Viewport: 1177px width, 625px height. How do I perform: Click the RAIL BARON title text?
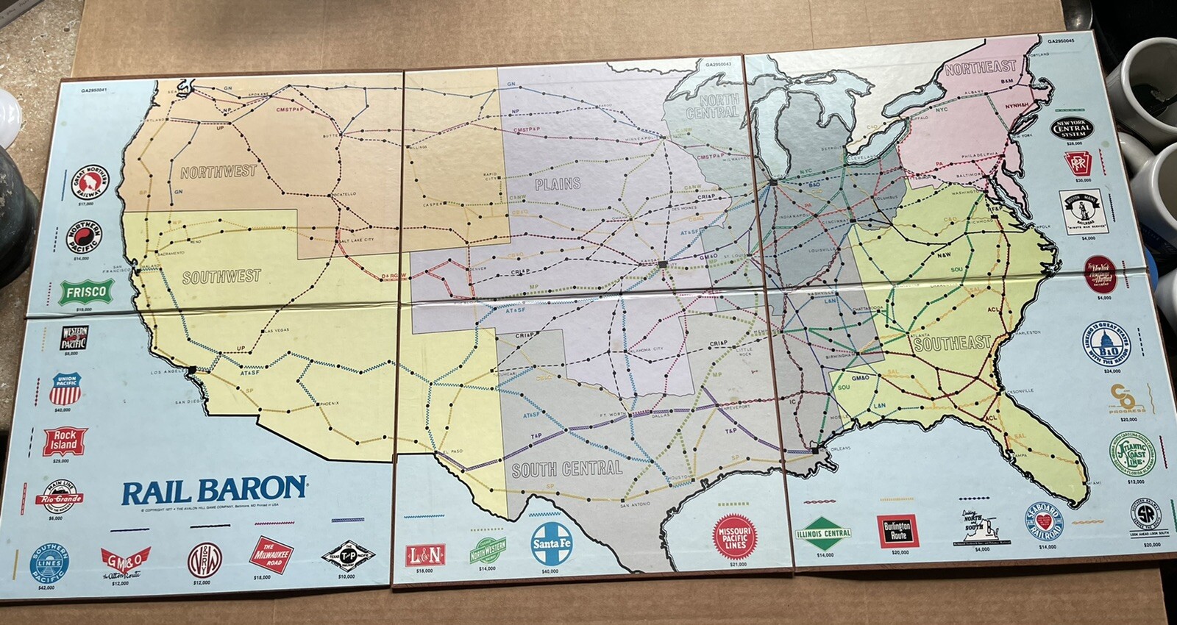pos(213,490)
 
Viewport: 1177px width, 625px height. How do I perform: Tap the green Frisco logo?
pos(86,292)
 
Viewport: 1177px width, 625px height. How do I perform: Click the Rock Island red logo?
pos(65,441)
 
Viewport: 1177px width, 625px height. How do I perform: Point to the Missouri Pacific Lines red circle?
pos(734,537)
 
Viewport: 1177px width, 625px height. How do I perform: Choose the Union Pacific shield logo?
pos(65,389)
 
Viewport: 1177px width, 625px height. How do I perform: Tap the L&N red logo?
pos(424,554)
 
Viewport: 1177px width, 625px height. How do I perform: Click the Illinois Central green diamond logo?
pos(824,534)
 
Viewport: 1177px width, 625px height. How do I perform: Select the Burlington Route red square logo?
pos(897,530)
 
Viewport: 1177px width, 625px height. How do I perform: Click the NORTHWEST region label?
pos(218,172)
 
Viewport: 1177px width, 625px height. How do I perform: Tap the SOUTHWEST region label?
pos(221,277)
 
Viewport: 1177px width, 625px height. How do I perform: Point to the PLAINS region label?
pos(558,184)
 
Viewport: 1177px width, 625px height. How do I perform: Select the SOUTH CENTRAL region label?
pos(566,469)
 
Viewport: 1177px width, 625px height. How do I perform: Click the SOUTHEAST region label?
pos(952,343)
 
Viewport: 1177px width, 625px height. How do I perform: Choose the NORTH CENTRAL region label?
pos(711,106)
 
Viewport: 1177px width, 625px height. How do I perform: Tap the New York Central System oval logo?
pos(1072,129)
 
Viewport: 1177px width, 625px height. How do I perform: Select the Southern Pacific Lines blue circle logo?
pos(49,562)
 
